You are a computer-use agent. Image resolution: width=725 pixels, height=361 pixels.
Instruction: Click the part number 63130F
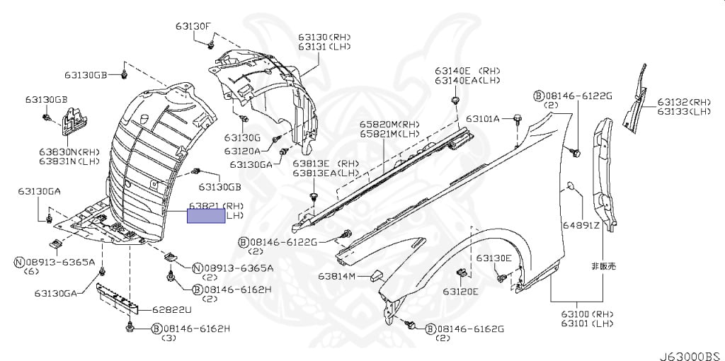[x=193, y=27]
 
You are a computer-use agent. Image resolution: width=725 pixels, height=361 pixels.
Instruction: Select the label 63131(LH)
[x=324, y=47]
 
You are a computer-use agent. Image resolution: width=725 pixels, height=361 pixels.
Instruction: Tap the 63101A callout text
[x=486, y=118]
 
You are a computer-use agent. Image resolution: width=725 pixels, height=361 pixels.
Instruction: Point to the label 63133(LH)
[x=684, y=111]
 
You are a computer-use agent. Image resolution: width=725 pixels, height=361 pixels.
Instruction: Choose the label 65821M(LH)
[x=389, y=134]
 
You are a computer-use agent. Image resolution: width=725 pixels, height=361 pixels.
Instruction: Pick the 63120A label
[x=243, y=151]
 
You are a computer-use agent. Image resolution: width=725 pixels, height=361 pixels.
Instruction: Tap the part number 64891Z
[x=581, y=226]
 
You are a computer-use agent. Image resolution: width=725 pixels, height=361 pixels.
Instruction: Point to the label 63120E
[x=461, y=291]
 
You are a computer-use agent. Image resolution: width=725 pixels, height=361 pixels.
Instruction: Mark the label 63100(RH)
[x=587, y=314]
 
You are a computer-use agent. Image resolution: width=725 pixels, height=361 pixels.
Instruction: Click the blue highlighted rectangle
[x=206, y=215]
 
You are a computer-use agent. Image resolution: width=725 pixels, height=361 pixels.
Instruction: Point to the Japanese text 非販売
[x=603, y=267]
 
